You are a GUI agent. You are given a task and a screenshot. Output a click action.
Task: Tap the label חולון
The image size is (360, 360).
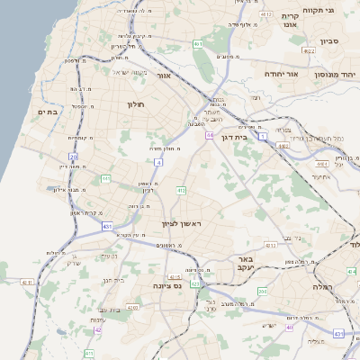[136, 104]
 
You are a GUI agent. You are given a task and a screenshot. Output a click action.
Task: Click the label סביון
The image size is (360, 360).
[330, 40]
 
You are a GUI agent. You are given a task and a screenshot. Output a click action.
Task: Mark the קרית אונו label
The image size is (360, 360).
[290, 21]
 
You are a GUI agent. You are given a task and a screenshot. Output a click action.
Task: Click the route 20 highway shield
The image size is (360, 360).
[74, 157]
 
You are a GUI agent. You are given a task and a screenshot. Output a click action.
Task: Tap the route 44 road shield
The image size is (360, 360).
[208, 135]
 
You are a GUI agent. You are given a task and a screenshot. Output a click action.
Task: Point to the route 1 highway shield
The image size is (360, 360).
[262, 137]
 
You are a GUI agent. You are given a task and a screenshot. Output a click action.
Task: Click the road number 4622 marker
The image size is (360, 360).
[309, 51]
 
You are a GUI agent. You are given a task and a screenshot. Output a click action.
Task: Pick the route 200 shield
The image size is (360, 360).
[262, 292]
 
